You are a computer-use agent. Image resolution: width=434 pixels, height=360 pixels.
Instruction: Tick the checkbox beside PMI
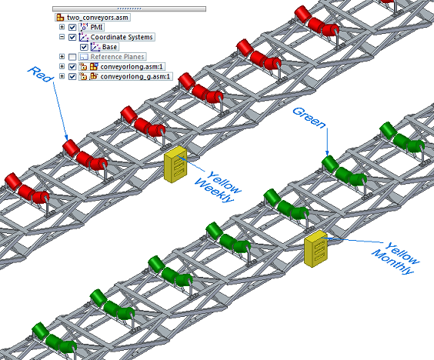(72, 28)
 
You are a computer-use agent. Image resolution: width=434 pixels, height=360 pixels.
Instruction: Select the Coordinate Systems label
(122, 37)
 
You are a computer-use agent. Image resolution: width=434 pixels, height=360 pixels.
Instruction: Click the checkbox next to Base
(84, 47)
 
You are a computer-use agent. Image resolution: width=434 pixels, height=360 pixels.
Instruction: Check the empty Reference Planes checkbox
(72, 57)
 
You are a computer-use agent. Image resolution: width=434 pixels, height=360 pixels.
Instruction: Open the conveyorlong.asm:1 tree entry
(132, 67)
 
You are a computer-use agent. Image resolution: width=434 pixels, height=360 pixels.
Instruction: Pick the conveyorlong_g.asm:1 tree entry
(135, 77)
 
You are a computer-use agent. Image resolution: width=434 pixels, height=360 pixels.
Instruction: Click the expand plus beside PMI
(62, 27)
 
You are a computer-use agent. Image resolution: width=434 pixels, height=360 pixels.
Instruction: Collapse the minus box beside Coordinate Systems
(62, 37)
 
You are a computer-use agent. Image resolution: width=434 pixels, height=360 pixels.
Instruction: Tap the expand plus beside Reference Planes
(62, 57)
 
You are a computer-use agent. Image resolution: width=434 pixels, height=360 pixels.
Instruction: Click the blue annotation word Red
(40, 74)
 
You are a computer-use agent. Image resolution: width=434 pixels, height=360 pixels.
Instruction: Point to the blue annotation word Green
(309, 118)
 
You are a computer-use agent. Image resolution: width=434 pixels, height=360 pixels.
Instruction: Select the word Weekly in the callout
(214, 191)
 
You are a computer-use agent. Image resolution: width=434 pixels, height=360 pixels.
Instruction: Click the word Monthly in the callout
(392, 262)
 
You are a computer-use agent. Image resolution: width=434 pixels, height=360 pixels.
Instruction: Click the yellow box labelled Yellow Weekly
(175, 165)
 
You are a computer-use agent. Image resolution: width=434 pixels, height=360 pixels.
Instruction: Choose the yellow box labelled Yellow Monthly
(315, 248)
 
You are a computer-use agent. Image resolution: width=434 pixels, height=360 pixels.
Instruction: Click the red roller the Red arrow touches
(71, 148)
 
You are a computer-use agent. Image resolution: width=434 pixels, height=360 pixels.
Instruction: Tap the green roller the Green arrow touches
(330, 164)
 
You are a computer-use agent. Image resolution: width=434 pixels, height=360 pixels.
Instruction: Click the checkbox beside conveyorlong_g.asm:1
(72, 77)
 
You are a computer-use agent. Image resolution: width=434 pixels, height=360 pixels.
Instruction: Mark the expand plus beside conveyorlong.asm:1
(62, 66)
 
